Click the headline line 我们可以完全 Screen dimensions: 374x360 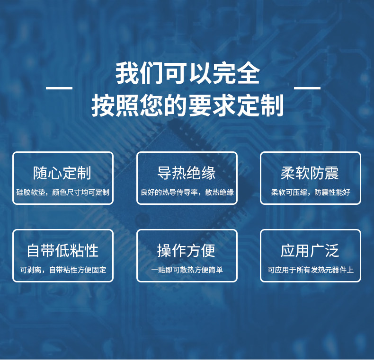point(187,73)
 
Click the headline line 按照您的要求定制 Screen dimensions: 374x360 point(187,105)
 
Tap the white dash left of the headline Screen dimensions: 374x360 point(59,88)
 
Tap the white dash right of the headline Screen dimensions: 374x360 point(307,88)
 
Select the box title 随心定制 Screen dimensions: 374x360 point(62,173)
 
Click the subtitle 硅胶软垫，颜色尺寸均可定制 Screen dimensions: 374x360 point(63,192)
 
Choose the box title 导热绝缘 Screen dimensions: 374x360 point(186,173)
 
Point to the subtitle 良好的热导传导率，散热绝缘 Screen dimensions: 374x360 point(187,192)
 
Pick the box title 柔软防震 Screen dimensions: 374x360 point(310,173)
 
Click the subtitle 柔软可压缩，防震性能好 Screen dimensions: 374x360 point(311,192)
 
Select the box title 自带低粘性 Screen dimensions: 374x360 point(62,251)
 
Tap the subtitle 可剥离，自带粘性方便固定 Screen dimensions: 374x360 point(63,270)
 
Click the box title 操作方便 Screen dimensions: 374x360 point(186,251)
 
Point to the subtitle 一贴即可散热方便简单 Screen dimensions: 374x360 point(187,270)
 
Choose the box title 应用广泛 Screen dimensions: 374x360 point(310,251)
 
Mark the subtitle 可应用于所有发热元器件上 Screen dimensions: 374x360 point(311,270)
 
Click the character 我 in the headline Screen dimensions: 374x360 point(127,73)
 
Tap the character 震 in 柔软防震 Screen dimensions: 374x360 point(332,173)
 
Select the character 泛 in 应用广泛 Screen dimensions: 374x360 point(332,251)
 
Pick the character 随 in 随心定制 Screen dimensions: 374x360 point(40,173)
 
